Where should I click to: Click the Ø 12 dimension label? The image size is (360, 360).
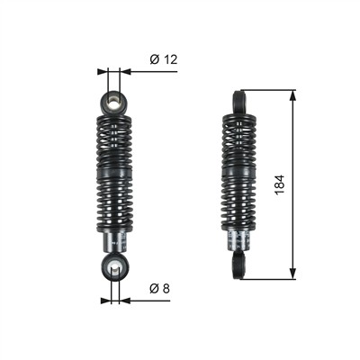click(164, 59)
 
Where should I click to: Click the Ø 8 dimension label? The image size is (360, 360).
click(159, 289)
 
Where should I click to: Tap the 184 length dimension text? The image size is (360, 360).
click(279, 184)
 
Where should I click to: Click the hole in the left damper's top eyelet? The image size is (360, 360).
click(113, 101)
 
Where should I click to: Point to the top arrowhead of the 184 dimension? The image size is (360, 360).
click(292, 95)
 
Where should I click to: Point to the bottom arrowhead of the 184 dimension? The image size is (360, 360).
click(292, 274)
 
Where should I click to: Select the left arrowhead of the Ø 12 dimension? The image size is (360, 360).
click(103, 71)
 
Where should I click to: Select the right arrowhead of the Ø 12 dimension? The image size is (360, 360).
click(125, 71)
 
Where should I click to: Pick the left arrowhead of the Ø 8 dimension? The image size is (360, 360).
click(106, 301)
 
